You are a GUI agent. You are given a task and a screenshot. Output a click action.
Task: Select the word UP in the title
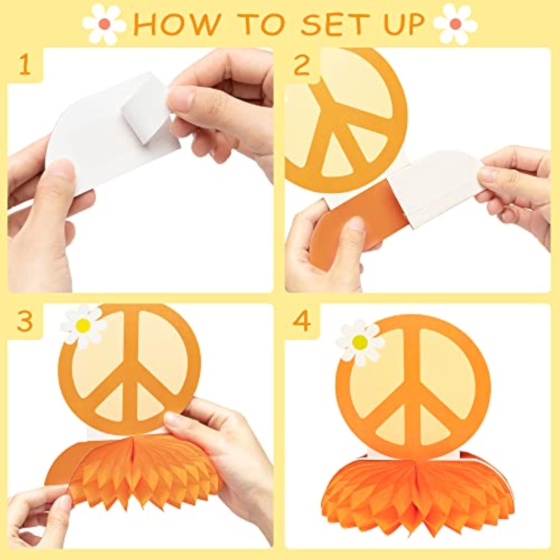tap(404, 25)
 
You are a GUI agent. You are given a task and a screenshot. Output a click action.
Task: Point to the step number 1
tap(25, 65)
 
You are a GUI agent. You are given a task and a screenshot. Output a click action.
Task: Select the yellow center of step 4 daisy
tap(360, 341)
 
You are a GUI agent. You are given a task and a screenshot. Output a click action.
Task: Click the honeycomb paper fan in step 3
tap(146, 470)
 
